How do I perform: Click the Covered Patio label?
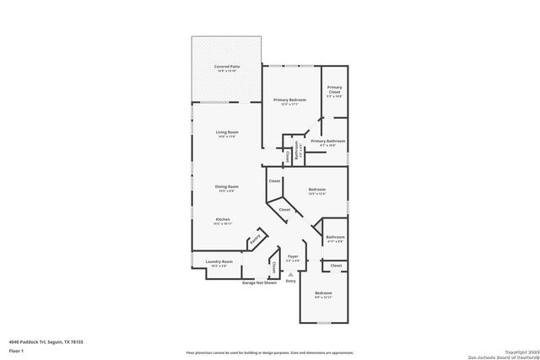pyautogui.click(x=225, y=66)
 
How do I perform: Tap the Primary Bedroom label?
pyautogui.click(x=289, y=99)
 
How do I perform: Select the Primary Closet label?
pyautogui.click(x=335, y=89)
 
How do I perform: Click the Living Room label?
pyautogui.click(x=227, y=132)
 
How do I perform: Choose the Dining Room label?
pyautogui.click(x=227, y=186)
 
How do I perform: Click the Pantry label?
pyautogui.click(x=255, y=241)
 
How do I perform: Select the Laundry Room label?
pyautogui.click(x=219, y=262)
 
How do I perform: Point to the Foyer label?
pyautogui.click(x=293, y=255)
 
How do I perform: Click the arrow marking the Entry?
pyautogui.click(x=290, y=274)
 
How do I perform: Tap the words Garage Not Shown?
pyautogui.click(x=259, y=282)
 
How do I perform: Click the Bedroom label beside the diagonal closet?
pyautogui.click(x=316, y=190)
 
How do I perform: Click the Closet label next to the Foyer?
pyautogui.click(x=275, y=266)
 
